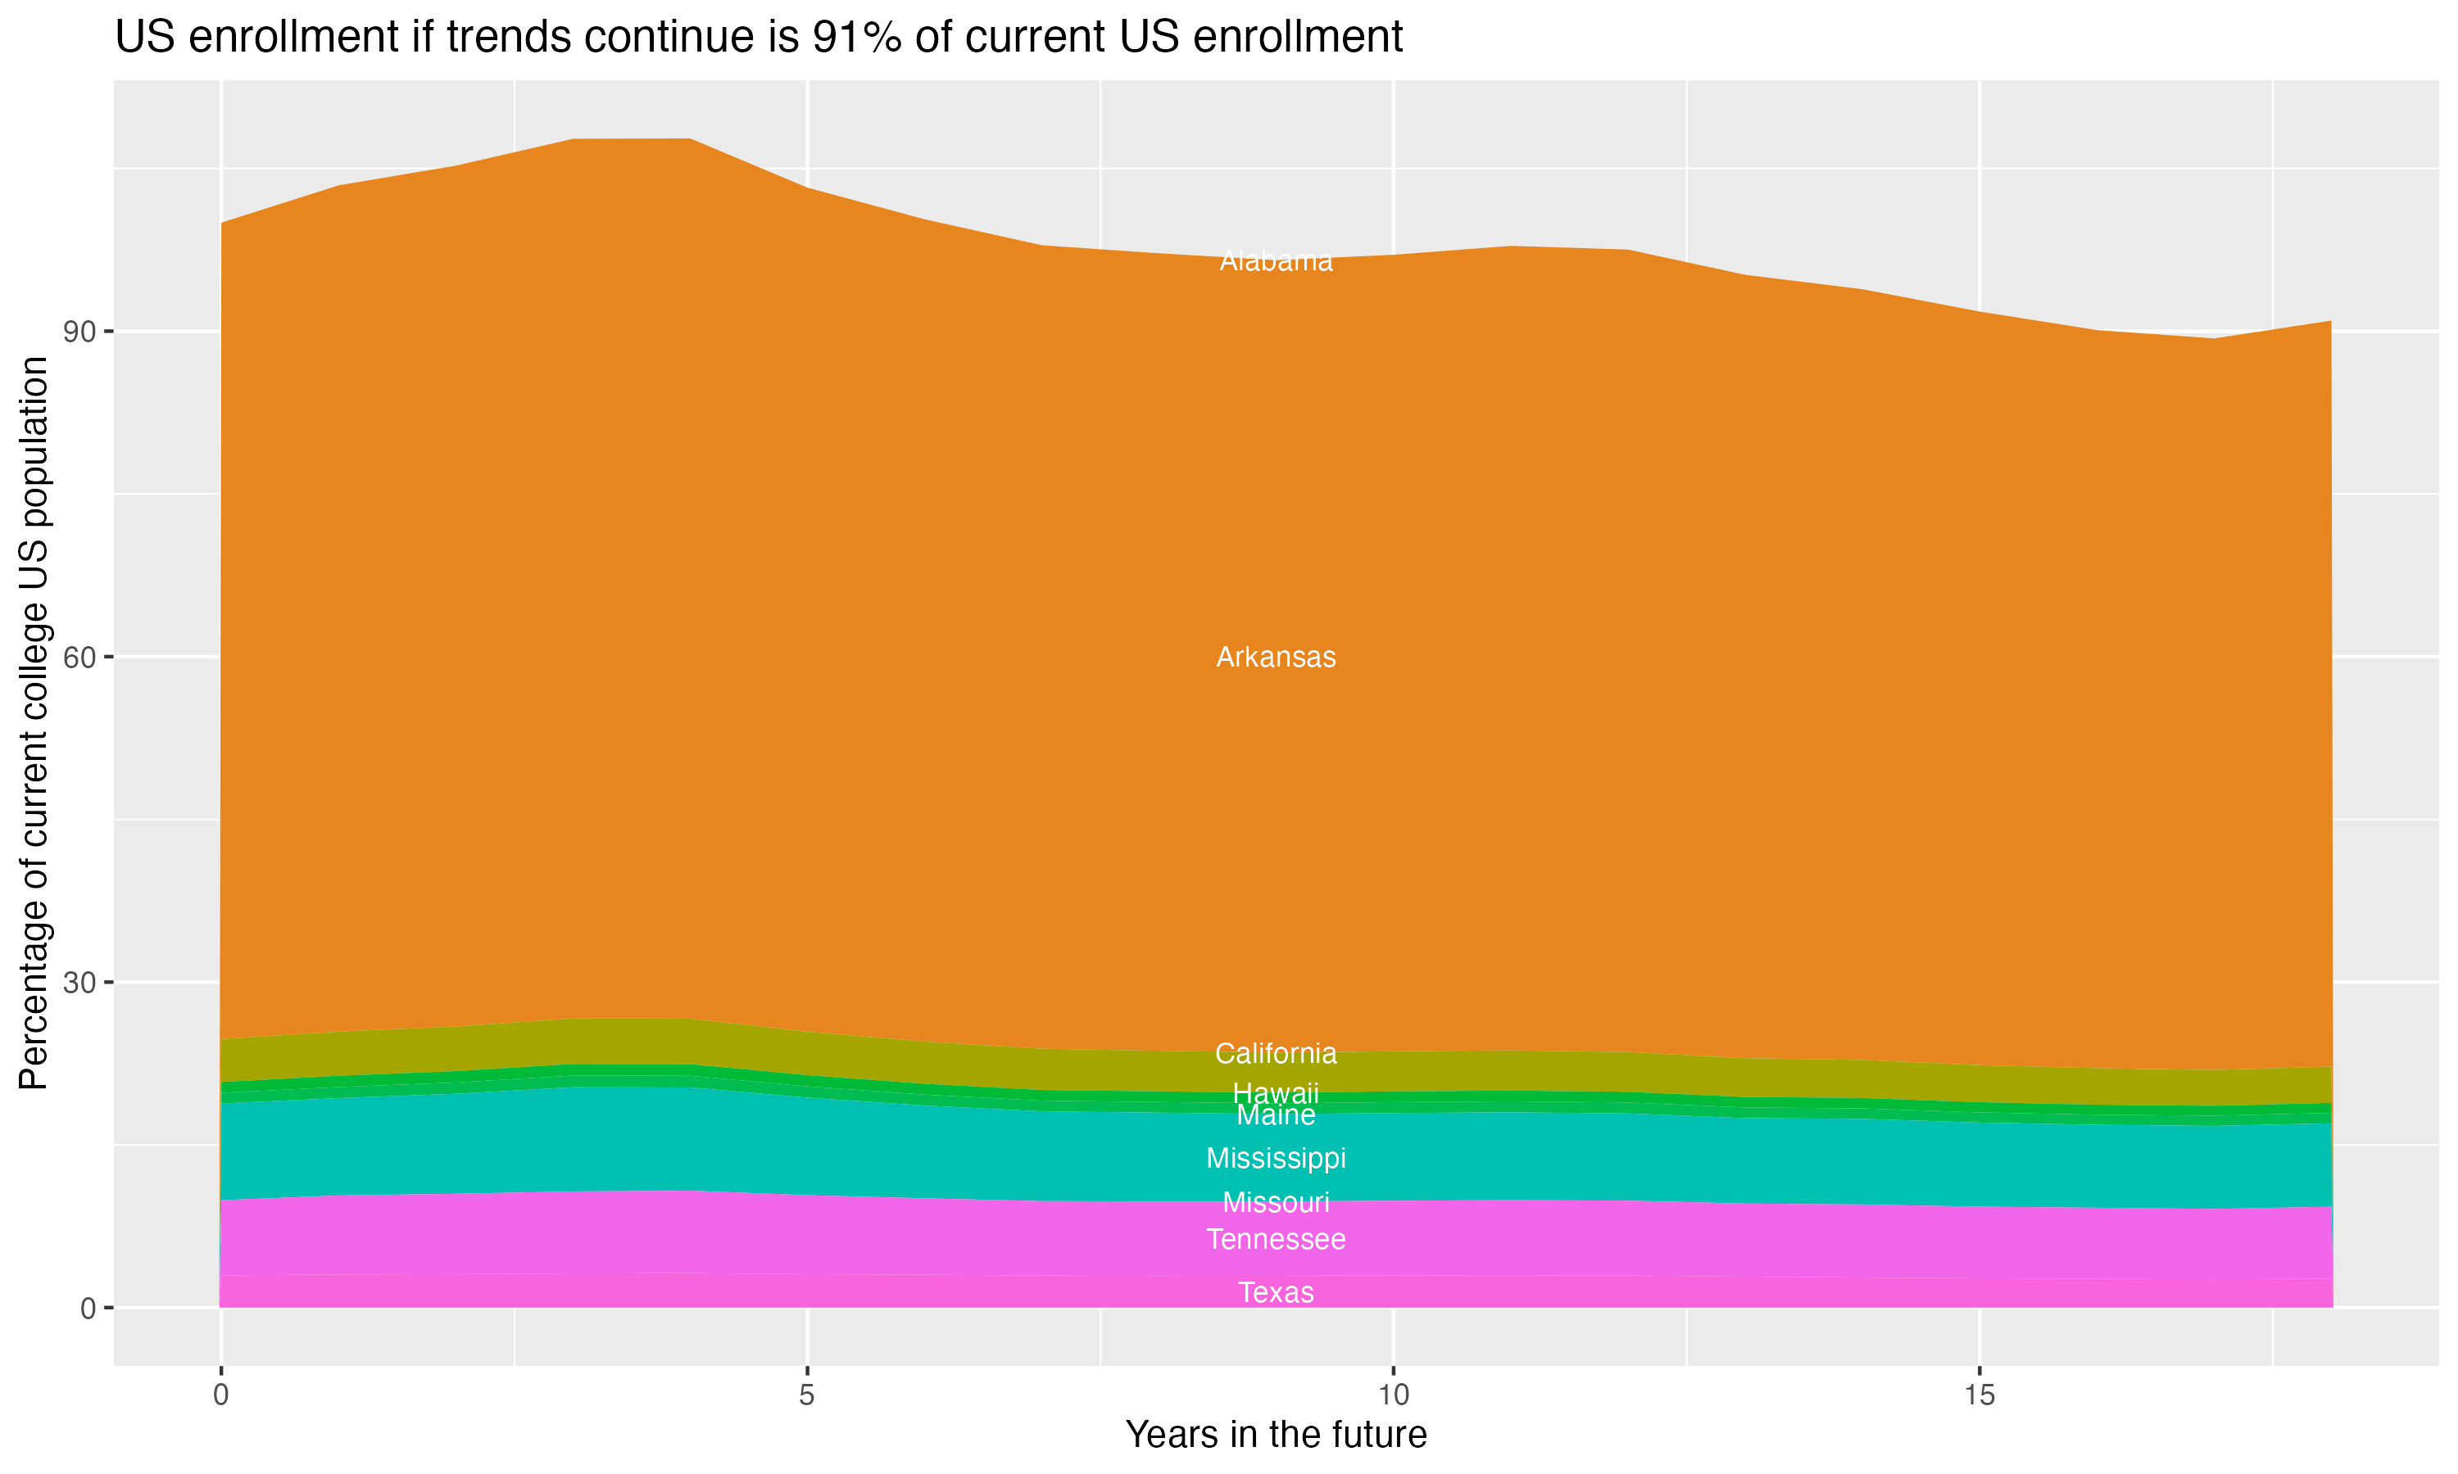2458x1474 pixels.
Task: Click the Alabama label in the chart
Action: [x=1276, y=261]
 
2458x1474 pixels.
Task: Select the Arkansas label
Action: [x=1276, y=658]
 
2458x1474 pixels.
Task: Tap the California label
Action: [x=1276, y=1053]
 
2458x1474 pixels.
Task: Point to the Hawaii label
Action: [x=1276, y=1093]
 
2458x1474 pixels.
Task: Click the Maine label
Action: [x=1276, y=1116]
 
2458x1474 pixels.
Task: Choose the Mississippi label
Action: [x=1276, y=1158]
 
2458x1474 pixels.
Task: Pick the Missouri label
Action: [x=1276, y=1203]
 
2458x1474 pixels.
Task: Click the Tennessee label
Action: [x=1276, y=1240]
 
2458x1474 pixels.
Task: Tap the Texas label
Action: [x=1276, y=1292]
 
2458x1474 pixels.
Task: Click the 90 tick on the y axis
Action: [x=79, y=332]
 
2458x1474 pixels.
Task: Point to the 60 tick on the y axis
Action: [x=79, y=658]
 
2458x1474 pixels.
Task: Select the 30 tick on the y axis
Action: [x=79, y=983]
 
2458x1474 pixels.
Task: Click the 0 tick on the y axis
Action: [x=88, y=1308]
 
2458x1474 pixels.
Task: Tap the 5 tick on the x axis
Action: [x=807, y=1395]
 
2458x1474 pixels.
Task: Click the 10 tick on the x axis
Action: [x=1393, y=1395]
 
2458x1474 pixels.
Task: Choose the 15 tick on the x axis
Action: [x=1980, y=1395]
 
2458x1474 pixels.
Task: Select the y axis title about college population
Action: [x=34, y=722]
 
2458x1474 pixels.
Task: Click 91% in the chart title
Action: [x=857, y=38]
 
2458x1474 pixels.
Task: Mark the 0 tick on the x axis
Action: [x=220, y=1395]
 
